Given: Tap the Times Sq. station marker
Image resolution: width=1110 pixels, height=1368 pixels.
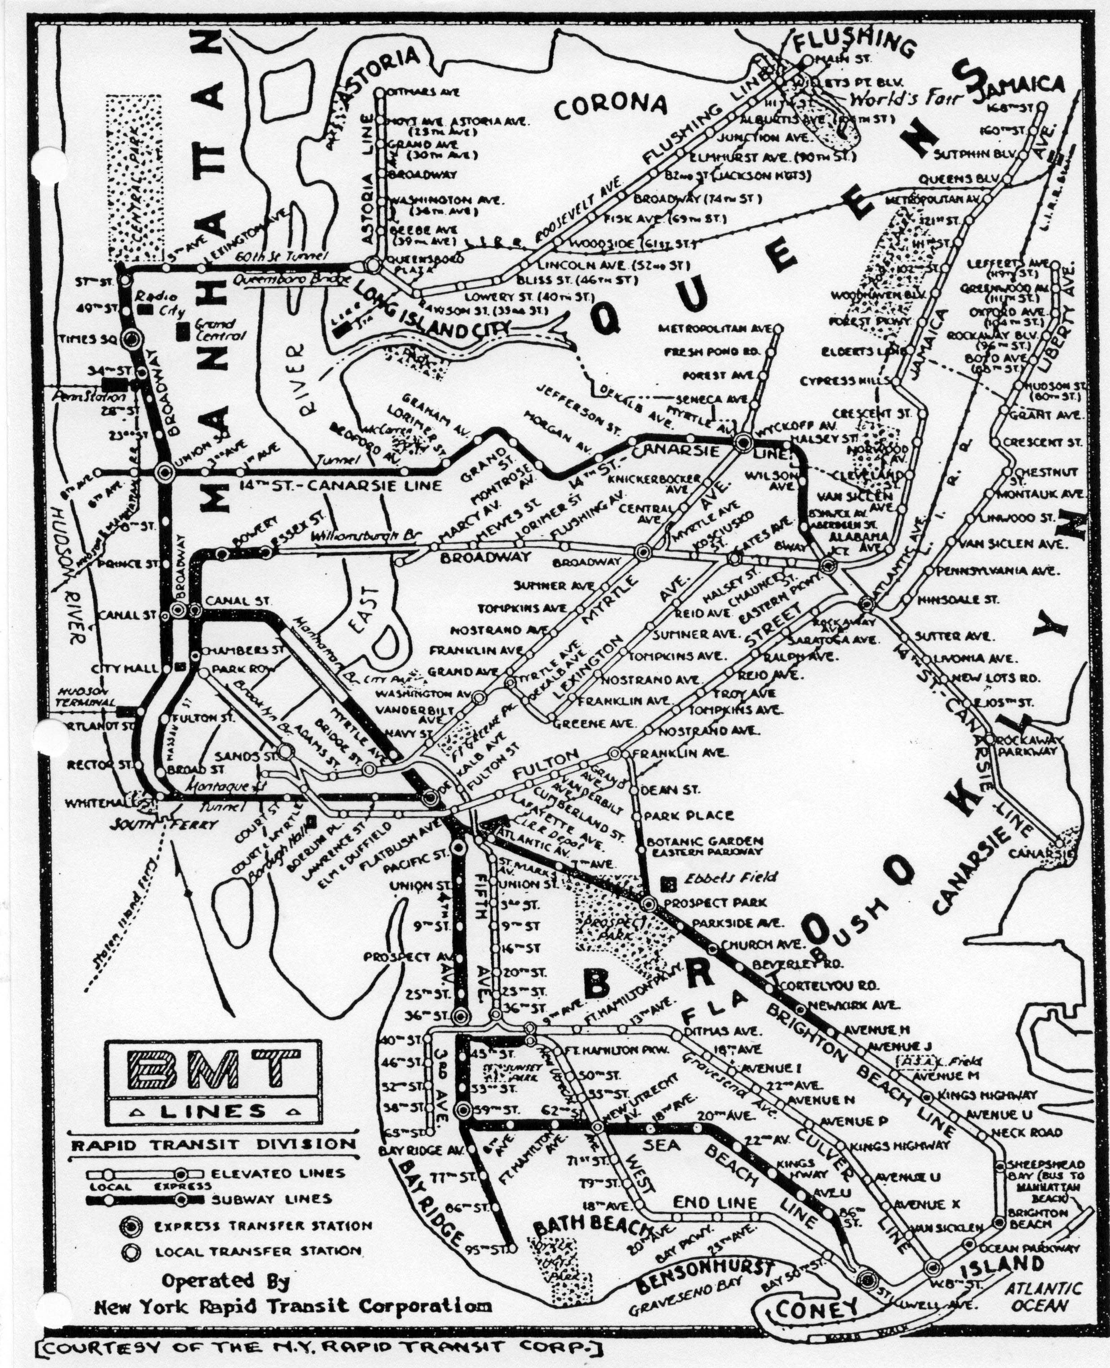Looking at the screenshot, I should pos(133,339).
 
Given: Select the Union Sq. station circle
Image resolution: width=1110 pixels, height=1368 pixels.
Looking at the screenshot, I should pos(164,472).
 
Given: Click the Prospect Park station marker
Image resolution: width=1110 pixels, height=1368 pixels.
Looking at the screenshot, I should pos(649,904).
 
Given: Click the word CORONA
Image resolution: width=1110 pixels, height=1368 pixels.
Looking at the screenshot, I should pos(610,107).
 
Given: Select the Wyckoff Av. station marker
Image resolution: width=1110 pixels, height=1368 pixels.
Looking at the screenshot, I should pos(743,441).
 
